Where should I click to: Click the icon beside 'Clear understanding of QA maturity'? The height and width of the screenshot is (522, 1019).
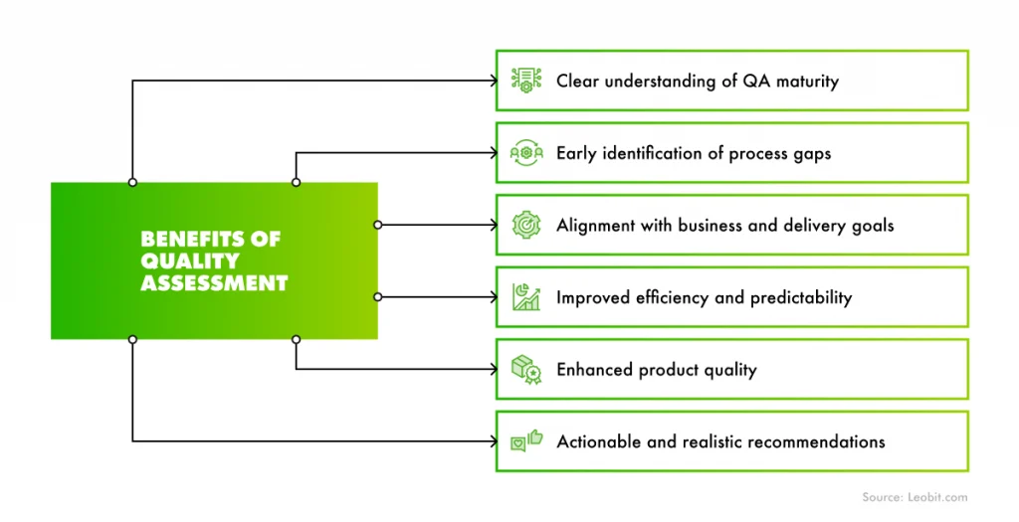pos(525,81)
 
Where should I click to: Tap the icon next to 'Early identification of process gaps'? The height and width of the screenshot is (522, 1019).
pos(525,153)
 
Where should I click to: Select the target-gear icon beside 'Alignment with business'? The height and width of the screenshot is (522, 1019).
pos(525,225)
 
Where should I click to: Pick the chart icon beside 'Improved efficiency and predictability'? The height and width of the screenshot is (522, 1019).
pos(525,296)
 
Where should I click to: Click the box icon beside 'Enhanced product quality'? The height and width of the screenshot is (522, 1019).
pos(525,369)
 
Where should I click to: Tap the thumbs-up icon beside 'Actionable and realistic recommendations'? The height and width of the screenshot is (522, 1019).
pos(525,440)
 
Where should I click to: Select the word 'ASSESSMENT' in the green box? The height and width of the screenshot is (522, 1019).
pos(214,283)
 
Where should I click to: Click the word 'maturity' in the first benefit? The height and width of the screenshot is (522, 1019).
pos(804,81)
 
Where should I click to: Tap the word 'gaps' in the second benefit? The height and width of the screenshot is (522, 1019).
pos(810,153)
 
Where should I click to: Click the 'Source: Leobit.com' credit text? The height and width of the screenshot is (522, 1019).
pos(913,496)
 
